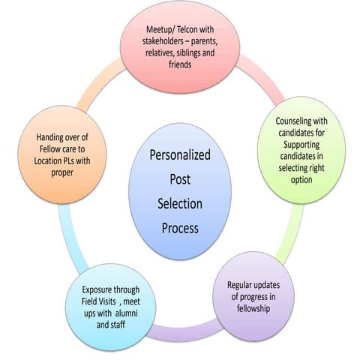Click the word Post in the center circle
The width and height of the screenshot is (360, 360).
[x=180, y=181]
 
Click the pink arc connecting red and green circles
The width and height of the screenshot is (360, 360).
[x=262, y=82]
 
